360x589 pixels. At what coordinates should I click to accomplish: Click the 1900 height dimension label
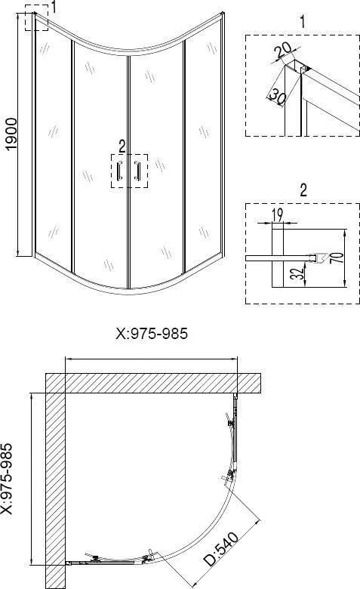pos(11,134)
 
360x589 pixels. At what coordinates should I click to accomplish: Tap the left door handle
pos(120,171)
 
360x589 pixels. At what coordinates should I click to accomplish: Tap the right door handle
pos(137,171)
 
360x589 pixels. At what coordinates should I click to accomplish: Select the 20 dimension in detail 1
pos(283,50)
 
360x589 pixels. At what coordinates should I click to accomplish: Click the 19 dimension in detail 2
pos(278,215)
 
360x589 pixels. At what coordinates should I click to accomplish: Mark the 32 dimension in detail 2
pos(297,273)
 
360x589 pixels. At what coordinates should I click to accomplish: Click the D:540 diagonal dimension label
pos(221,549)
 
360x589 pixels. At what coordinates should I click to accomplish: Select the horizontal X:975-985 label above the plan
pos(152,334)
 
